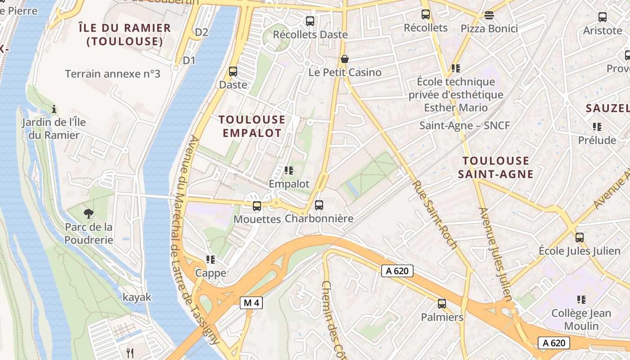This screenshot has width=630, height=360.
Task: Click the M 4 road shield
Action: pos(251,303)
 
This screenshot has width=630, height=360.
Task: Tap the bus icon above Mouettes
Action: pos(257,206)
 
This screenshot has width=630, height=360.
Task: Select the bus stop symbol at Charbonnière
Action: pos(319,205)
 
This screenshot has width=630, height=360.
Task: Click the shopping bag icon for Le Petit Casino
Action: pos(345,59)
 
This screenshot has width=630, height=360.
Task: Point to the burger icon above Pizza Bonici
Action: pos(489,15)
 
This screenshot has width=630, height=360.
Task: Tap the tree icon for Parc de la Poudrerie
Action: pos(89,213)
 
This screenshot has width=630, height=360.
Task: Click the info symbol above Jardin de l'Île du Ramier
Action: pos(54,109)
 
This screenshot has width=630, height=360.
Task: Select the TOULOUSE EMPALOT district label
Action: pos(252,126)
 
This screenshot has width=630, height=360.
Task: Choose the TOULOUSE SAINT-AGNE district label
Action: pos(496,167)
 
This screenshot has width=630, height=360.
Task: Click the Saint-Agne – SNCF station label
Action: pos(465,125)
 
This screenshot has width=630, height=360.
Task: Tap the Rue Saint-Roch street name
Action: pos(434,215)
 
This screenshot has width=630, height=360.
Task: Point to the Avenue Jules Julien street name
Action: pos(495,254)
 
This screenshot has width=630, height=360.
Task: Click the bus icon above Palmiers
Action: pos(442,304)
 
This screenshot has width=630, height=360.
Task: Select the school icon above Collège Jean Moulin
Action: pos(581,299)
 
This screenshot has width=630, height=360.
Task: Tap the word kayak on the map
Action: pos(137,297)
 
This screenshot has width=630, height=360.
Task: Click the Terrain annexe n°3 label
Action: pos(112,74)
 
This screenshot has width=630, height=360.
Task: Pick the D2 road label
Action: pos(202,32)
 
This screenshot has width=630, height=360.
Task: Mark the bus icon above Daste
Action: pos(233,71)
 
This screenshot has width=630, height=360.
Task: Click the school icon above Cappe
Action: pos(210,259)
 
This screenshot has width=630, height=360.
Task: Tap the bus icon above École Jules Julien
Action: pos(580,237)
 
